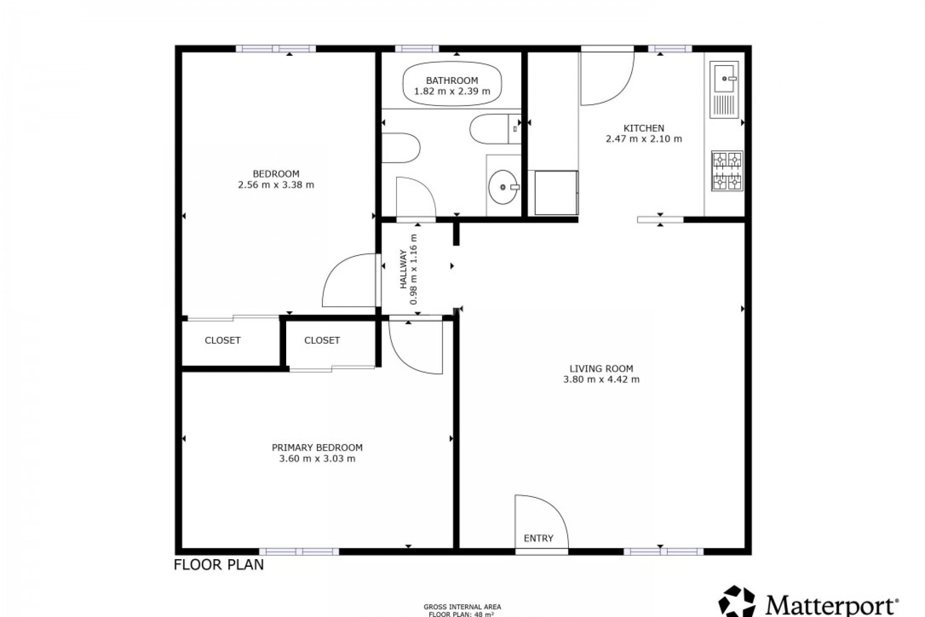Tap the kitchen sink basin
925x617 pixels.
724,79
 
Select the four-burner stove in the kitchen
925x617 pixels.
727,171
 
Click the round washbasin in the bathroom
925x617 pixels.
503,187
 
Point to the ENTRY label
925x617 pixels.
538,538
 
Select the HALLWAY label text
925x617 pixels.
403,269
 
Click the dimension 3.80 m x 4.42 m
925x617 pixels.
601,379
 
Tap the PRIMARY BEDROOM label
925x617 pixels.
317,447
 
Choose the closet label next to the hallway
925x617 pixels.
322,340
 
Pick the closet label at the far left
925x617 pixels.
222,340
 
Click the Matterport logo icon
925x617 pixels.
737,602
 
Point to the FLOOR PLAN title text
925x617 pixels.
219,564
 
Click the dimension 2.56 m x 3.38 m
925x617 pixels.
276,185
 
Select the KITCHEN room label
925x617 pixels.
644,128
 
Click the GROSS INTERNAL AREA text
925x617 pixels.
462,607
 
